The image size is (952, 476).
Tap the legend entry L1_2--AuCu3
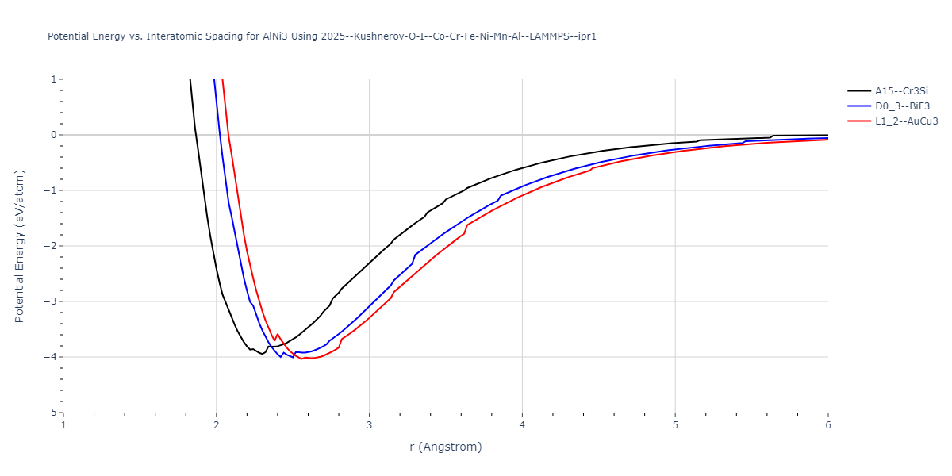point(907,121)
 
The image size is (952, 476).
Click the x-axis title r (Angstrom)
point(445,447)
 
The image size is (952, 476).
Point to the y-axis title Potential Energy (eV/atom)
point(20,246)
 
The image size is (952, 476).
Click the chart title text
point(322,36)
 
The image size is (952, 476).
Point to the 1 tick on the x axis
point(63,425)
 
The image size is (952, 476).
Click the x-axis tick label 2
point(217,425)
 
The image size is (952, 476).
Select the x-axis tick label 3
point(369,425)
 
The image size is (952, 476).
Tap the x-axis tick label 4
point(522,425)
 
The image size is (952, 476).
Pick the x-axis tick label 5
point(675,425)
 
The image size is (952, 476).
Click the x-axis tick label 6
point(827,425)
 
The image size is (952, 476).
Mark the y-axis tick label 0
point(54,135)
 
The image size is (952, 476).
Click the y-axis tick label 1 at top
point(54,79)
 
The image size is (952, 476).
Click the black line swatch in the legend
point(858,91)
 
